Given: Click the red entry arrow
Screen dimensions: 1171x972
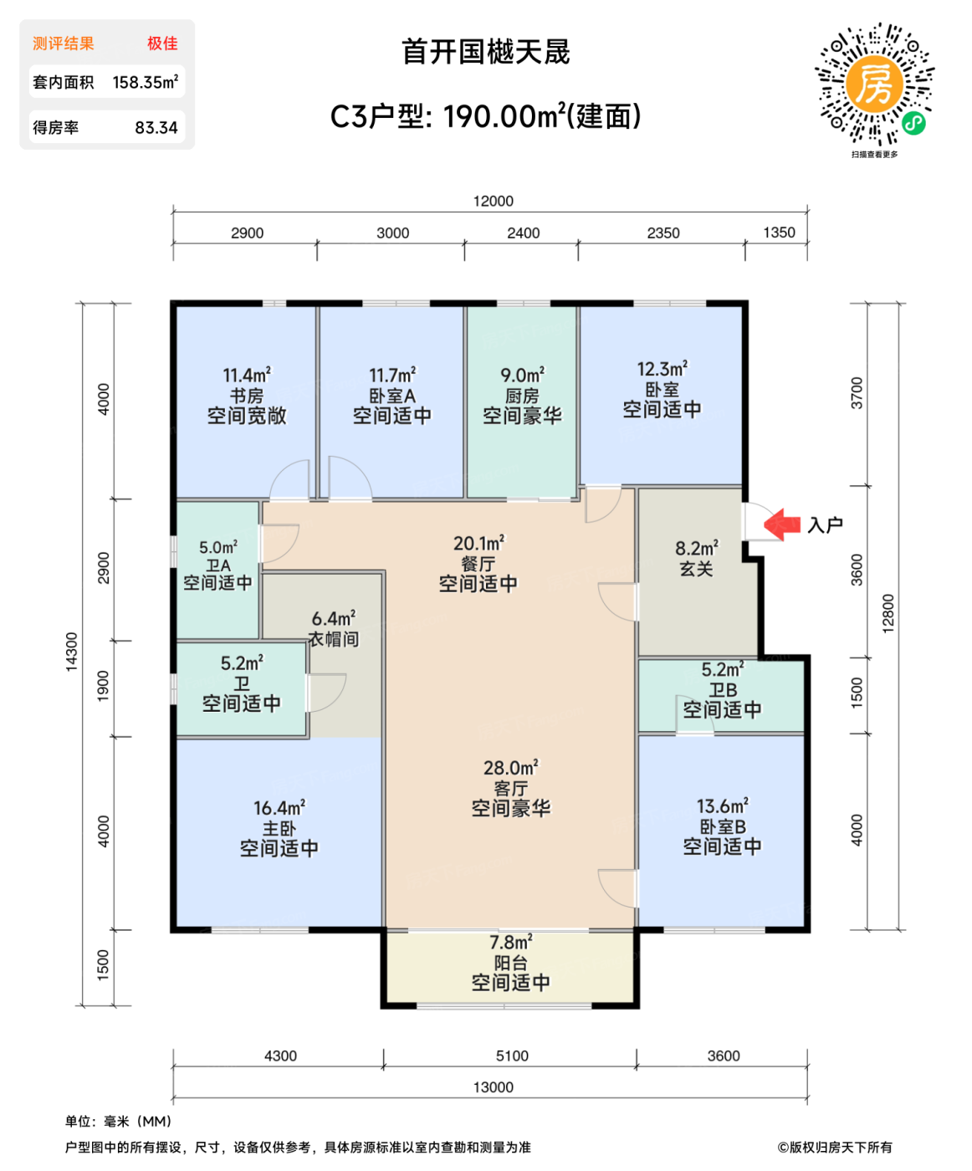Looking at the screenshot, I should tap(782, 524).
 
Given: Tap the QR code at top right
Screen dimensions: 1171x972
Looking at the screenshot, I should tap(874, 85).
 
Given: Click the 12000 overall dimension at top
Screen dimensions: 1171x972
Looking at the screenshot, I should tap(493, 201).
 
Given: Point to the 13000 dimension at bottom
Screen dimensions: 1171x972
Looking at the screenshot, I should tap(493, 1087).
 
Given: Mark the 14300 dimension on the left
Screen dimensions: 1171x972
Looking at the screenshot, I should tap(72, 651).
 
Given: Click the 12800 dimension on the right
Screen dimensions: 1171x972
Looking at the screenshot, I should tap(888, 613).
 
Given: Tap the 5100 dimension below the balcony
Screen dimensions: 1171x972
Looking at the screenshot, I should tap(512, 1056).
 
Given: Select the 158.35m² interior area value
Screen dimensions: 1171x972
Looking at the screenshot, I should tap(145, 83).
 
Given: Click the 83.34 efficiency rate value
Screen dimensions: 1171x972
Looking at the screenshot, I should tap(156, 128).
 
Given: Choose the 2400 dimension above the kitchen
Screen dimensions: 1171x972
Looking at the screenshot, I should tap(523, 233).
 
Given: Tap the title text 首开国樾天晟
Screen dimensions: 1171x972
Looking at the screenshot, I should tap(485, 53).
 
